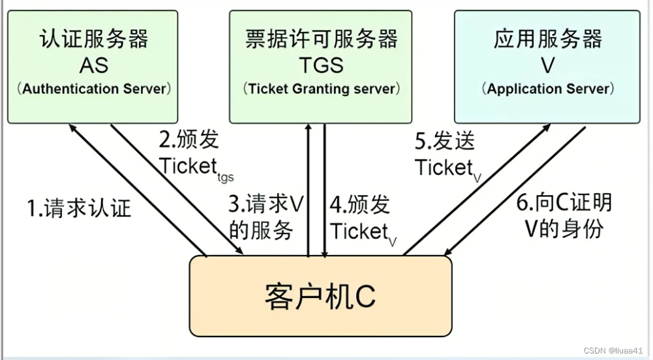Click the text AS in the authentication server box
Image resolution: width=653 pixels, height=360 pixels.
pyautogui.click(x=94, y=65)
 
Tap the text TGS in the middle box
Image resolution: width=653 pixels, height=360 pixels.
pyautogui.click(x=322, y=65)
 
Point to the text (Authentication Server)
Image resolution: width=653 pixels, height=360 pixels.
pyautogui.click(x=94, y=89)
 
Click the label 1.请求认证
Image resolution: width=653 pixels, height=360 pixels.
pyautogui.click(x=79, y=208)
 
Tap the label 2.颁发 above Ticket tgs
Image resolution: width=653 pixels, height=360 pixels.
pyautogui.click(x=189, y=140)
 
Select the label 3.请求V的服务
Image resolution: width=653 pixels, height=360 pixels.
pyautogui.click(x=266, y=217)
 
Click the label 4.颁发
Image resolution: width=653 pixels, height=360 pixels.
pyautogui.click(x=360, y=205)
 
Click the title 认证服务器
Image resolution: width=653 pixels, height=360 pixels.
pyautogui.click(x=94, y=38)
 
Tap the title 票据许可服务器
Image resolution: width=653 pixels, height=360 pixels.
pyautogui.click(x=322, y=38)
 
